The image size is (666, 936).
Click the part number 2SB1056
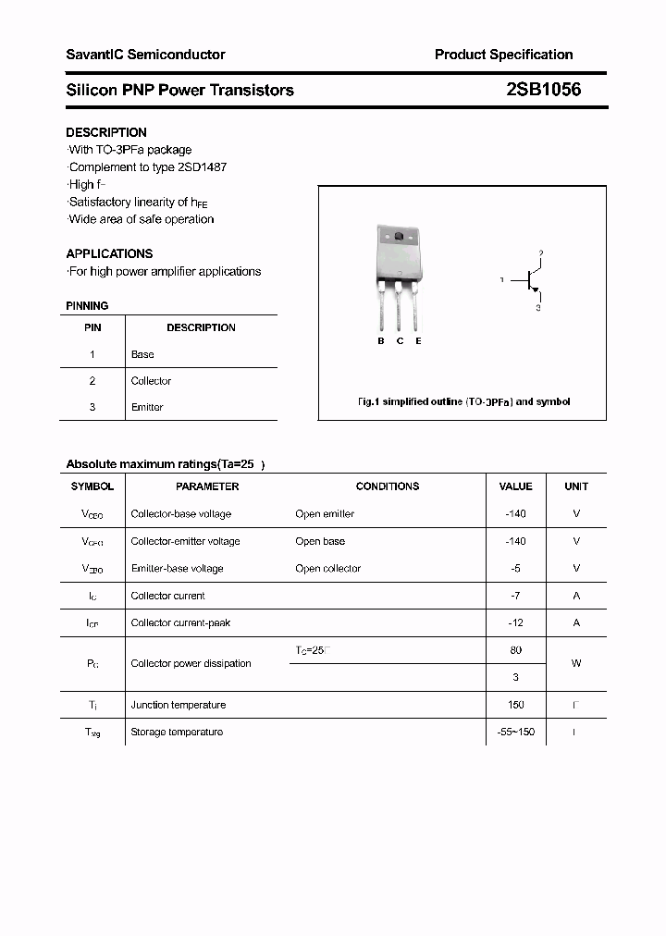tap(544, 90)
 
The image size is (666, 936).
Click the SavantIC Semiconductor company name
tap(145, 55)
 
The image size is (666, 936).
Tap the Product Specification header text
tap(503, 55)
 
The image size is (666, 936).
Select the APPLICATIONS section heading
tap(109, 253)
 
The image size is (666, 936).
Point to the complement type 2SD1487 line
tap(147, 167)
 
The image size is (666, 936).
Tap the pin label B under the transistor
tap(380, 341)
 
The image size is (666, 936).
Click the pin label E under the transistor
tap(418, 341)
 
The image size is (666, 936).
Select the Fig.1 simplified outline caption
tap(463, 401)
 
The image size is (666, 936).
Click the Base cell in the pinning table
tap(142, 354)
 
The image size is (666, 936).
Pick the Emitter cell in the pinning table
tap(147, 407)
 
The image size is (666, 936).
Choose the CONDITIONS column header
tap(387, 486)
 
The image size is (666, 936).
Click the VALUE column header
tap(515, 486)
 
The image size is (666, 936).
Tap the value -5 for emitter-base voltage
tap(515, 568)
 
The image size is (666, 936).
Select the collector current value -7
tap(515, 596)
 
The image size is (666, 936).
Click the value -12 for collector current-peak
tap(515, 622)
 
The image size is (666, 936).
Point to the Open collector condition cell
tap(327, 568)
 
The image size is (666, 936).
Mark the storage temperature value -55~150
tap(515, 732)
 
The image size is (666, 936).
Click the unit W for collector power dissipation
tap(575, 663)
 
